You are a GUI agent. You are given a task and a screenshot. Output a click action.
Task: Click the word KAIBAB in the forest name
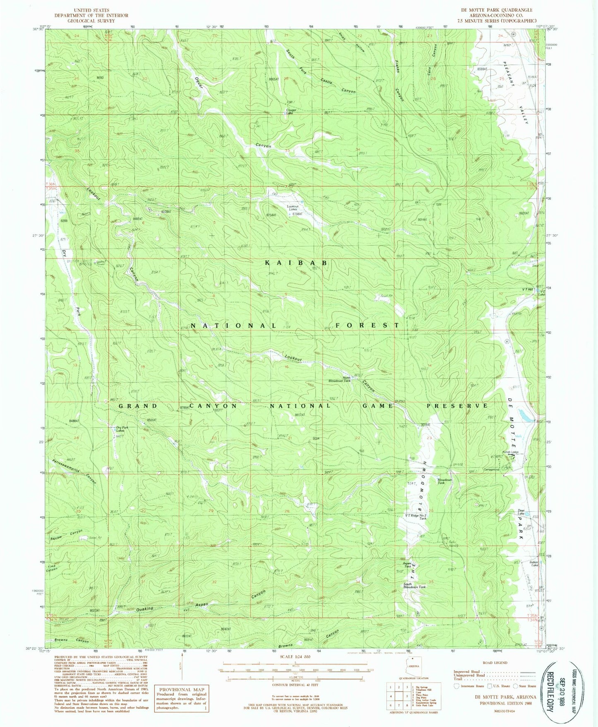pyautogui.click(x=297, y=263)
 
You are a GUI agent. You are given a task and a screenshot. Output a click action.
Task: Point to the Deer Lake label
pyautogui.click(x=521, y=512)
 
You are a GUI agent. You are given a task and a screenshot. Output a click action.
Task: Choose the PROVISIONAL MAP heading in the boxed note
pyautogui.click(x=182, y=689)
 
